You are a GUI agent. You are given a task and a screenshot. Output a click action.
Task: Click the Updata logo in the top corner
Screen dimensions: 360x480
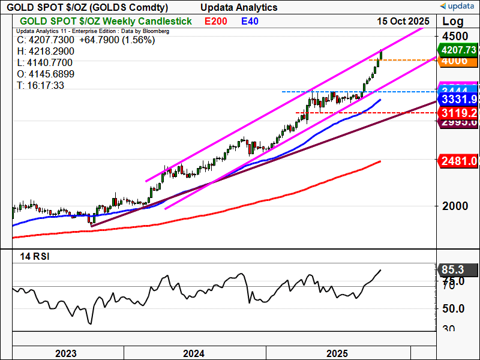(458, 6)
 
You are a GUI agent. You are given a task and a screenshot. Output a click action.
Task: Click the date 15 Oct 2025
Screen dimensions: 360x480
(403, 21)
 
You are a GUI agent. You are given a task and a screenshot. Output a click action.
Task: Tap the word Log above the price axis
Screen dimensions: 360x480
(454, 22)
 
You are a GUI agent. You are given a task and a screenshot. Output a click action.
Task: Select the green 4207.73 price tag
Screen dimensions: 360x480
(458, 50)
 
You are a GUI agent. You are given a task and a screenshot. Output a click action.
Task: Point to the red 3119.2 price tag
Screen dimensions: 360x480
(458, 112)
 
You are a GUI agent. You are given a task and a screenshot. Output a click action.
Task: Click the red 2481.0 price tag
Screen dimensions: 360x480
(458, 161)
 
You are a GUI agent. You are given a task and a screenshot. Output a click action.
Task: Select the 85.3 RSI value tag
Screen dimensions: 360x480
(457, 270)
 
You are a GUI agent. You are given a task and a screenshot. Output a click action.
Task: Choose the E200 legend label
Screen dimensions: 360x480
(216, 21)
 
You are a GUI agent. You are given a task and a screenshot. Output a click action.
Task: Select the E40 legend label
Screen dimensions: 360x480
(250, 21)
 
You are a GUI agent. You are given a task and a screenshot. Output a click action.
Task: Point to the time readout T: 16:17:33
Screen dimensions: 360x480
(41, 86)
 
